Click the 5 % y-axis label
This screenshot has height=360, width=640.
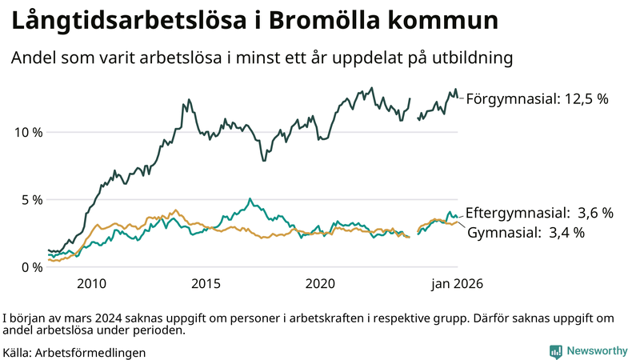click(32, 200)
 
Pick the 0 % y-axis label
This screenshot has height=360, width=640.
click(32, 267)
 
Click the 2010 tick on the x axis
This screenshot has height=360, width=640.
click(91, 284)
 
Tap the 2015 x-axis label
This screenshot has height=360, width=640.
click(206, 284)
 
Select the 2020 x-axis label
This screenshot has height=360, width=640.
click(320, 284)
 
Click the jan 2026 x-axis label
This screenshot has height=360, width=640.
click(457, 284)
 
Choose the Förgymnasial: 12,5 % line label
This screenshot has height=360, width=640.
click(537, 99)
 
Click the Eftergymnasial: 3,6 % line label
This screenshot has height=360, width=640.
click(539, 213)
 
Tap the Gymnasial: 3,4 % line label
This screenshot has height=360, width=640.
click(526, 233)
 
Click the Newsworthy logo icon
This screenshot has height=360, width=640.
click(555, 351)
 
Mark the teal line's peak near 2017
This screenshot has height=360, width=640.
click(250, 198)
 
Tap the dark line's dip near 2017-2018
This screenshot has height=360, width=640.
click(262, 160)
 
